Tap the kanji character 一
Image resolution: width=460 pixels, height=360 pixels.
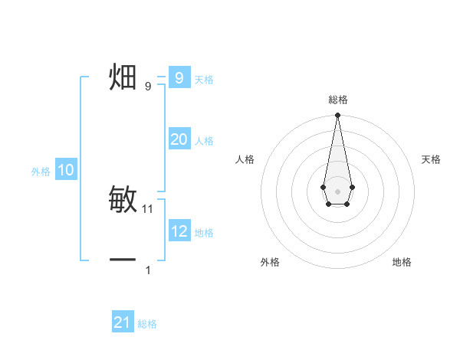(x=123, y=260)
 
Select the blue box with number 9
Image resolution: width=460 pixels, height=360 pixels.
(x=179, y=78)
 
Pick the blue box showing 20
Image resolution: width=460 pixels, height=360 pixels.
(x=179, y=139)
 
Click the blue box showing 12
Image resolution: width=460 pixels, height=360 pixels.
(x=179, y=231)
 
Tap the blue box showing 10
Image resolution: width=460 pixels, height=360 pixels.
(x=66, y=170)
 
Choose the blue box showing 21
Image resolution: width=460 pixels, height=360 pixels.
(x=123, y=322)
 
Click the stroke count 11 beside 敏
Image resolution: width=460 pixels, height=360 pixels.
(x=148, y=208)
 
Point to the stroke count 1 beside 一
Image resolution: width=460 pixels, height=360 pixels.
(x=148, y=270)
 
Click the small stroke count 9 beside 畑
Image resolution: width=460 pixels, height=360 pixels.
(x=148, y=86)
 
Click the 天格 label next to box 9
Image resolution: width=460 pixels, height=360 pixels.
(x=204, y=79)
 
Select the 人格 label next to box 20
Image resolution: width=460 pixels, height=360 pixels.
(x=204, y=141)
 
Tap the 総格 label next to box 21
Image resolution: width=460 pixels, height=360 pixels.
(x=147, y=324)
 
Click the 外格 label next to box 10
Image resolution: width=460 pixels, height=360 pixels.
(x=41, y=172)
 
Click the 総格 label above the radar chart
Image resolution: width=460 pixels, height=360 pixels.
(x=337, y=100)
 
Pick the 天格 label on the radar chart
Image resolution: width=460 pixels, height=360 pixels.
(x=431, y=159)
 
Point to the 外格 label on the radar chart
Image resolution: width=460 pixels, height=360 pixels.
(x=270, y=262)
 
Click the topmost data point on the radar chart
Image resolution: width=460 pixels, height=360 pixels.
(x=337, y=116)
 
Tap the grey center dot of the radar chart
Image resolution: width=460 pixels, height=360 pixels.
(x=337, y=191)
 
